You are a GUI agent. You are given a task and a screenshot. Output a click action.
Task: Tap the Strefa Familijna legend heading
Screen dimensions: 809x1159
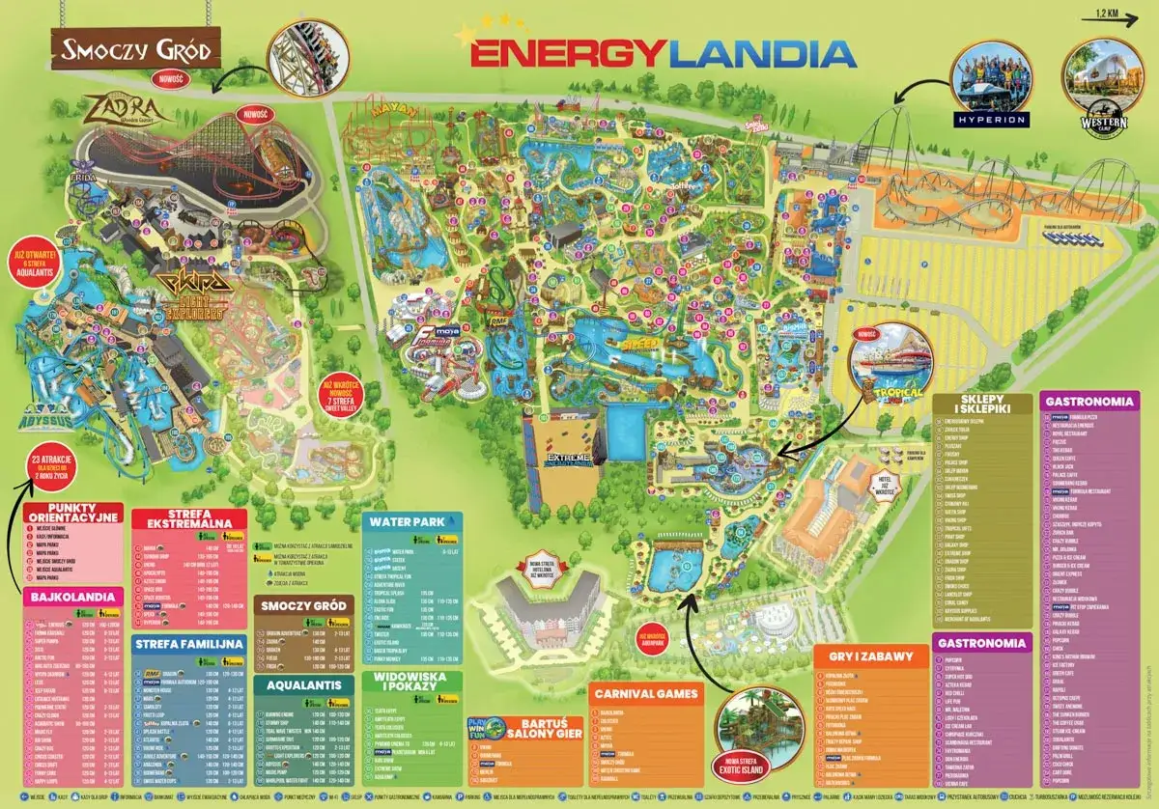click(x=187, y=642)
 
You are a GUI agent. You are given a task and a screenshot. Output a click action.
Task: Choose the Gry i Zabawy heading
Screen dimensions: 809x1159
click(x=870, y=656)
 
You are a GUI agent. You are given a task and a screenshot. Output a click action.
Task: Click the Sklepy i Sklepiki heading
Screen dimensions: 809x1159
click(x=977, y=406)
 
